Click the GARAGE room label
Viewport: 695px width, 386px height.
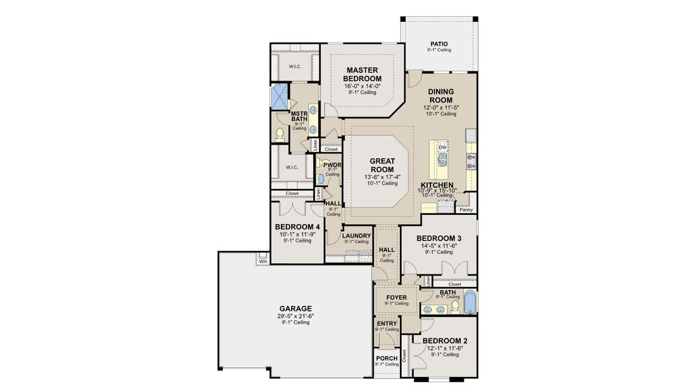click(x=295, y=308)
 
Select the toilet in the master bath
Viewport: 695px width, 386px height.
click(x=280, y=134)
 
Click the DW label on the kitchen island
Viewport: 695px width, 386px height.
click(x=443, y=147)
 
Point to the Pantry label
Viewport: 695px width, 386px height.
click(x=466, y=210)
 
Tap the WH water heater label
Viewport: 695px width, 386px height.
click(x=263, y=261)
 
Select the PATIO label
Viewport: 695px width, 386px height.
click(x=439, y=44)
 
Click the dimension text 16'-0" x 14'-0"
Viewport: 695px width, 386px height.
click(x=362, y=86)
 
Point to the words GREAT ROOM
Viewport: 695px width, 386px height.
click(x=381, y=165)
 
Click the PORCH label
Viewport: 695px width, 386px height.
click(x=386, y=358)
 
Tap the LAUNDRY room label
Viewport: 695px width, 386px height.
click(x=356, y=236)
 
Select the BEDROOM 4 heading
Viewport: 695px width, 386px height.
click(x=297, y=227)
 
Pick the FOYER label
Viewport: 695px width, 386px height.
click(x=397, y=297)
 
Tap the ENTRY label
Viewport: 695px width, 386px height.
click(x=386, y=324)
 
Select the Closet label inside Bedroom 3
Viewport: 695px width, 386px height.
click(x=455, y=284)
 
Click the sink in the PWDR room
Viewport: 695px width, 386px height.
click(x=320, y=178)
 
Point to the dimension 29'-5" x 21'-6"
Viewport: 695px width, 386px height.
click(x=295, y=316)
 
